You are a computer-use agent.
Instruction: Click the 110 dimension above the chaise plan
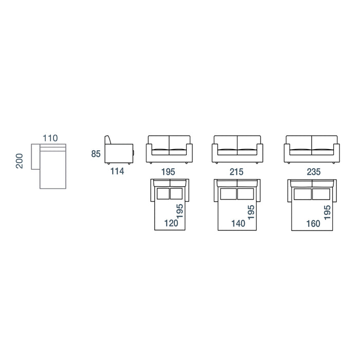pyautogui.click(x=50, y=138)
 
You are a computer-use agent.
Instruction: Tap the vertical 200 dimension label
pyautogui.click(x=20, y=161)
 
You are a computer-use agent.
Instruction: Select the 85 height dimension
pyautogui.click(x=96, y=154)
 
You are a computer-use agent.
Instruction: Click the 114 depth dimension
pyautogui.click(x=117, y=171)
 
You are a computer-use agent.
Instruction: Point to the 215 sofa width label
pyautogui.click(x=237, y=172)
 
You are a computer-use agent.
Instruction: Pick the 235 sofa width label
pyautogui.click(x=314, y=172)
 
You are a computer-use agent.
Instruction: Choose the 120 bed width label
pyautogui.click(x=171, y=223)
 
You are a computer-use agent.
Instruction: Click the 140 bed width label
pyautogui.click(x=238, y=223)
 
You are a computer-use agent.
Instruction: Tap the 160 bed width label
pyautogui.click(x=313, y=223)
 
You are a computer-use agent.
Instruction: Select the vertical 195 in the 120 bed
pyautogui.click(x=180, y=211)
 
